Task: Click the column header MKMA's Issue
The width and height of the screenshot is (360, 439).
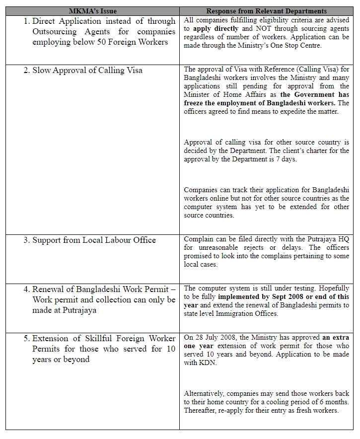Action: pyautogui.click(x=92, y=10)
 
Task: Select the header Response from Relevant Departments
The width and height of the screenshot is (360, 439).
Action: pyautogui.click(x=267, y=10)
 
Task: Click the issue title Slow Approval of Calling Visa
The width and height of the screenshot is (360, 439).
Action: pyautogui.click(x=87, y=70)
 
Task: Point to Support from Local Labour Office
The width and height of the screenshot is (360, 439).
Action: pyautogui.click(x=94, y=240)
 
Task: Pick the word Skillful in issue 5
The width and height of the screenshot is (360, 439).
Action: pyautogui.click(x=98, y=338)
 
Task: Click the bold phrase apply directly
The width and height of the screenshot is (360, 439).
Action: pyautogui.click(x=216, y=29)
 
